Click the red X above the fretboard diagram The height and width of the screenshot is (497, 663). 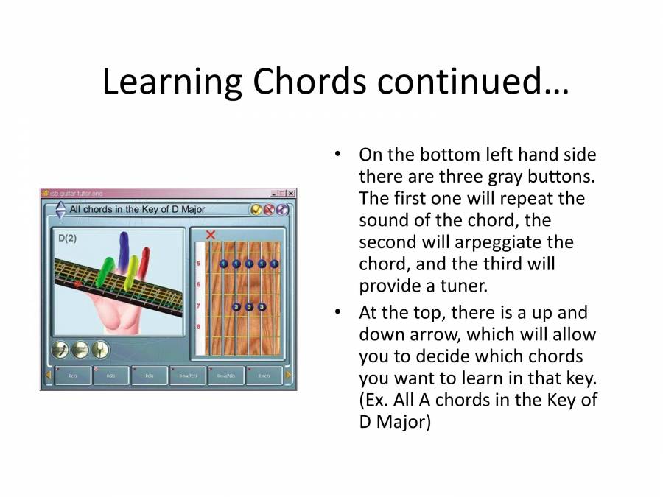211,235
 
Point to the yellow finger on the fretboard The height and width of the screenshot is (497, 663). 133,272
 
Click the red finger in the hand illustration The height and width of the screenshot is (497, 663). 144,261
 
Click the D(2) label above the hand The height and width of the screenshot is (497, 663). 68,238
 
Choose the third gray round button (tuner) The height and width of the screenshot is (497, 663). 100,350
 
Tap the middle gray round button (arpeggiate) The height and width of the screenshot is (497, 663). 80,350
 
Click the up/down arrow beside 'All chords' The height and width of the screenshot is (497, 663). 60,210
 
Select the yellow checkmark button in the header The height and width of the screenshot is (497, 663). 256,210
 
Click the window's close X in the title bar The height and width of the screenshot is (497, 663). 291,193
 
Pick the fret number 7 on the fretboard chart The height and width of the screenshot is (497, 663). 197,306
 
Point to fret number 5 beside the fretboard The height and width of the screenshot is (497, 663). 197,264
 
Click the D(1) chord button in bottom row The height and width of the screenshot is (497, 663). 72,376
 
